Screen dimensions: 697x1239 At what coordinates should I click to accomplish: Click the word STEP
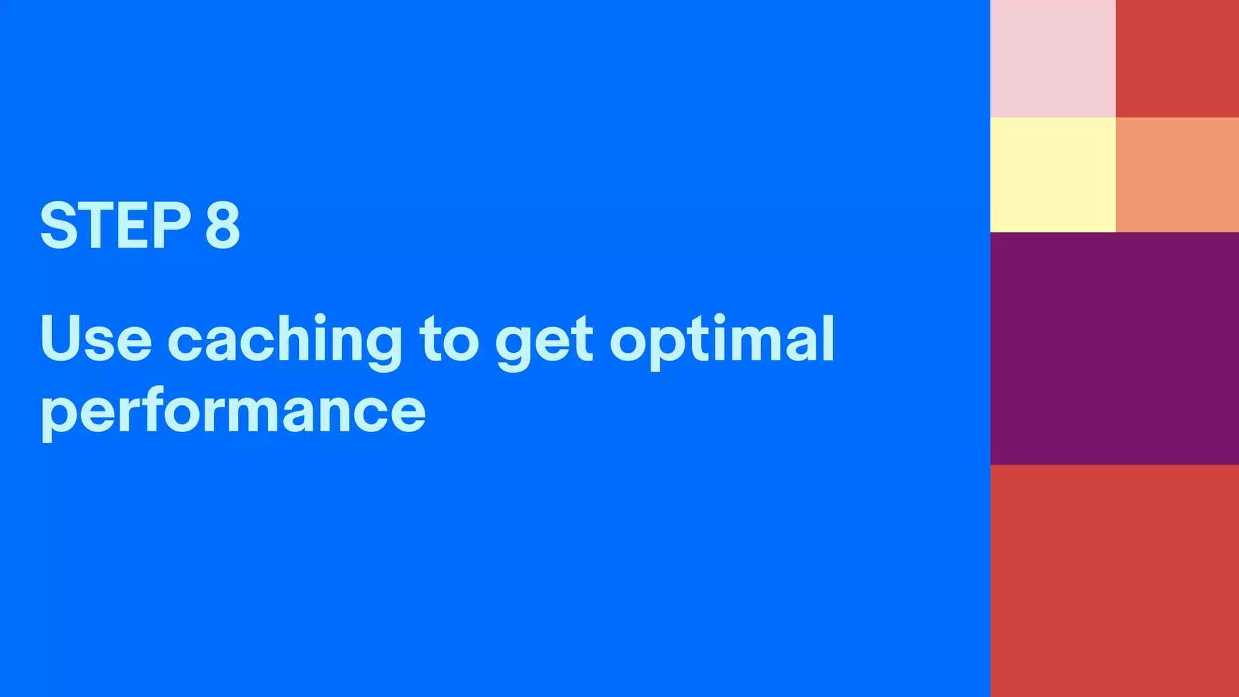coord(115,225)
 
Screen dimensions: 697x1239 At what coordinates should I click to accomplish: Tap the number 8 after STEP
coord(223,225)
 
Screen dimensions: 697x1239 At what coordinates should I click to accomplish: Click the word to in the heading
coord(449,340)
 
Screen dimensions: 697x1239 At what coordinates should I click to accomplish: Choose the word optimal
coord(722,340)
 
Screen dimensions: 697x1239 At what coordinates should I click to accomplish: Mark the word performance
coord(233,411)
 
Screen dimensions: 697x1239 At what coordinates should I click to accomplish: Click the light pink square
coord(1053,58)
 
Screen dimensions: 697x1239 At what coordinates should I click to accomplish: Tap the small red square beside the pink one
coord(1177,58)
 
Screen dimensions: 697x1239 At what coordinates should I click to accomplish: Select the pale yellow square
coord(1053,174)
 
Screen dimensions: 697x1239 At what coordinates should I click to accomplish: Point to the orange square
coord(1177,174)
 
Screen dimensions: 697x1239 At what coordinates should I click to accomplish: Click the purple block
coord(1114,348)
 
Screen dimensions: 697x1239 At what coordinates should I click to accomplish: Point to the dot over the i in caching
coord(320,318)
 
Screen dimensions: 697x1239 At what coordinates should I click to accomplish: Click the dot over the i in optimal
coord(719,318)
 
